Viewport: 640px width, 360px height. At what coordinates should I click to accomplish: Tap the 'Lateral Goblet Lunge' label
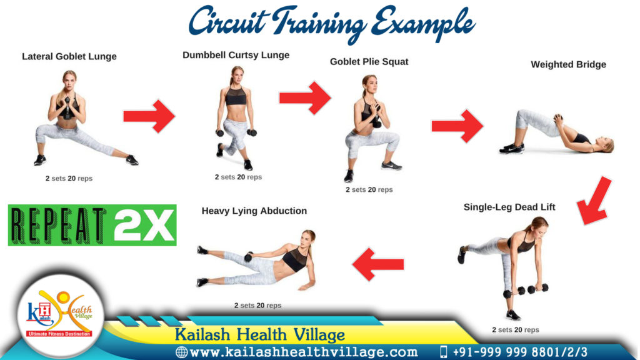[69, 56]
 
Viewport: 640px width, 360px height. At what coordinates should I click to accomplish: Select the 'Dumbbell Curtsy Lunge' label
[236, 55]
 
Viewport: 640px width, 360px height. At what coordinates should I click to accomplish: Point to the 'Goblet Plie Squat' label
[369, 62]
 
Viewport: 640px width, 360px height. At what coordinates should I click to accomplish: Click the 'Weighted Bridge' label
[568, 64]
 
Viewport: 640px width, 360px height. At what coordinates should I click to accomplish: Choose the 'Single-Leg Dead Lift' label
[509, 207]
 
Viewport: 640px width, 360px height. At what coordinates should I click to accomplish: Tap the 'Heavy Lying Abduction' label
[254, 211]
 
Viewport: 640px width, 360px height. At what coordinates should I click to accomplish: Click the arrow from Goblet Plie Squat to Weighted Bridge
[457, 126]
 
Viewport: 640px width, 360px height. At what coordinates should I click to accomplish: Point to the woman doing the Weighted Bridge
[556, 133]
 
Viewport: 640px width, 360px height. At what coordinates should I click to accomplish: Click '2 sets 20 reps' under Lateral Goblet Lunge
[69, 179]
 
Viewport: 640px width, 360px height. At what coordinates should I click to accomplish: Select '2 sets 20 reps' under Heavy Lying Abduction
[257, 306]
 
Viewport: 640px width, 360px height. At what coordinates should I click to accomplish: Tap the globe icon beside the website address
[182, 352]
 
